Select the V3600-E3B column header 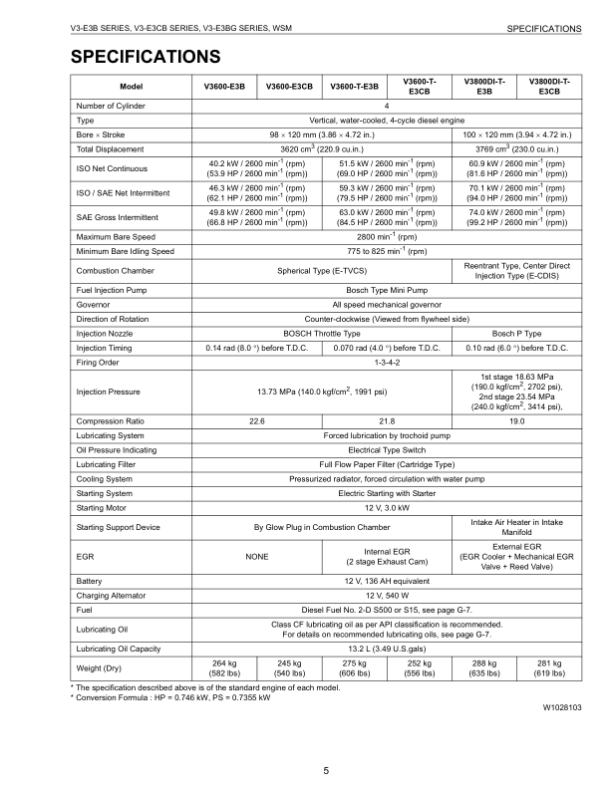click(x=225, y=86)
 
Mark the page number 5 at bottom click(x=326, y=742)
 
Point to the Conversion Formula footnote click(x=170, y=669)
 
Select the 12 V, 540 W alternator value click(x=387, y=595)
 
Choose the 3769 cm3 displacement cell click(x=516, y=148)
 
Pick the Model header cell click(x=132, y=86)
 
